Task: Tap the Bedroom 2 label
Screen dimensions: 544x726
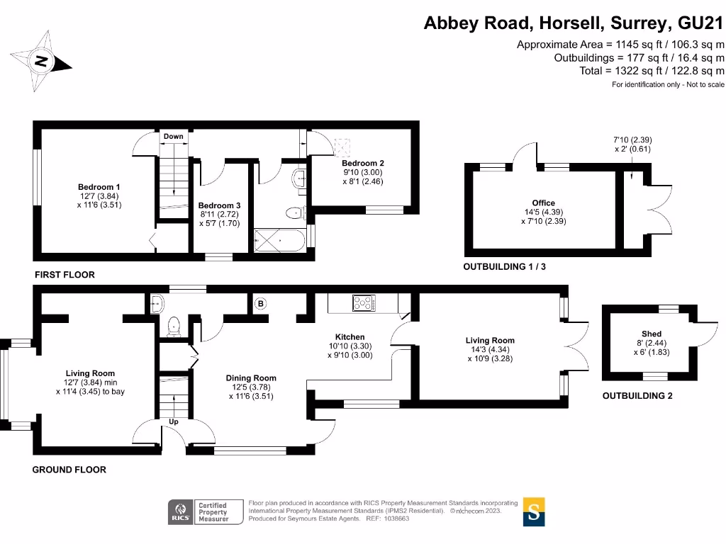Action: pos(362,163)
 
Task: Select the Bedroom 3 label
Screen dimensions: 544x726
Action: pos(219,206)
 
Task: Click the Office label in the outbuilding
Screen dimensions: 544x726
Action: pos(544,203)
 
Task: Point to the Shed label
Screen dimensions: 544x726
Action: pos(652,334)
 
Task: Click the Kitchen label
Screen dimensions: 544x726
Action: pos(350,336)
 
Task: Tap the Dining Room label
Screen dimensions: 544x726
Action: pos(251,378)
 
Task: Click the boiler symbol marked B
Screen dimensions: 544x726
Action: pos(260,304)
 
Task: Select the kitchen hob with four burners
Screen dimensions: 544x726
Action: pos(364,303)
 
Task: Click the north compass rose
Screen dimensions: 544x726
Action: pos(42,61)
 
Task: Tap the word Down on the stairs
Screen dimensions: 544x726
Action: pos(173,136)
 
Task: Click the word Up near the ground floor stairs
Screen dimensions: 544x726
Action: pos(173,421)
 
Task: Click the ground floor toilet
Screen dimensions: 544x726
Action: pos(172,327)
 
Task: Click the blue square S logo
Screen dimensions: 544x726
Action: pos(535,511)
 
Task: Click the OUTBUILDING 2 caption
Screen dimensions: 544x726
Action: pos(637,396)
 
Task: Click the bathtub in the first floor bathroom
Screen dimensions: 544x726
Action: pos(279,239)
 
